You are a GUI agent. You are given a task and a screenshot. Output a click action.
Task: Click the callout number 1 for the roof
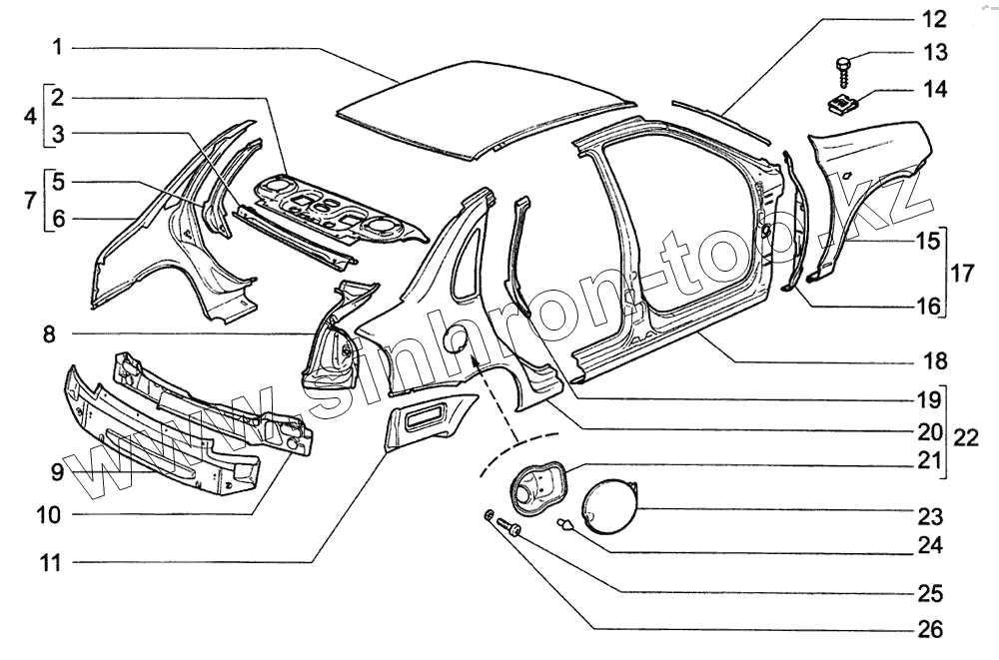[58, 46]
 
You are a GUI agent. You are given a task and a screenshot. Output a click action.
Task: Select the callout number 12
[932, 18]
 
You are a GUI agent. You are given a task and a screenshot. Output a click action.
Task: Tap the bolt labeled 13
[841, 70]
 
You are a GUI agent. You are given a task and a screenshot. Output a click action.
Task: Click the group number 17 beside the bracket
[961, 273]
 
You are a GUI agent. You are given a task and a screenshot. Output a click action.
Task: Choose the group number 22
[965, 436]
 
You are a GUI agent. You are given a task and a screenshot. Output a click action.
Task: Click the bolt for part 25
[514, 530]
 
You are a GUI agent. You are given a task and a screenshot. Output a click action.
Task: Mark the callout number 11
[50, 563]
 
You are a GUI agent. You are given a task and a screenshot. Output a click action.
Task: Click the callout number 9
[58, 470]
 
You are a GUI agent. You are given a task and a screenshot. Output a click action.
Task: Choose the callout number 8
[49, 333]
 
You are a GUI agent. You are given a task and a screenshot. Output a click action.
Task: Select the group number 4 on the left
[30, 115]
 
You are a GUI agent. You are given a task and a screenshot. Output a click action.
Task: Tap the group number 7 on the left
[30, 199]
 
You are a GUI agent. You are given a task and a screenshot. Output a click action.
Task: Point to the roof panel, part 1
[480, 105]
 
